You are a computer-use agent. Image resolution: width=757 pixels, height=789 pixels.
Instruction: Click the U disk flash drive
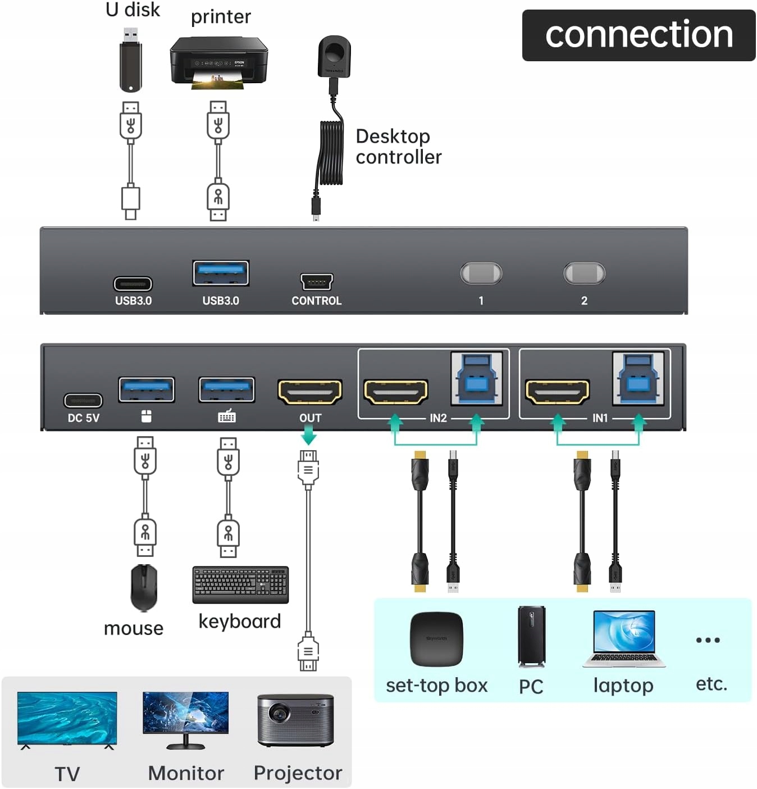131,62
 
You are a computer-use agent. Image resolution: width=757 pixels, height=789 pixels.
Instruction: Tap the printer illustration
218,62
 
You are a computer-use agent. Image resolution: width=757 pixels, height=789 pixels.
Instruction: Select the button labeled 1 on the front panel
481,274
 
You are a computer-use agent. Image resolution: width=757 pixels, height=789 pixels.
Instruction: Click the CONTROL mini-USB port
317,281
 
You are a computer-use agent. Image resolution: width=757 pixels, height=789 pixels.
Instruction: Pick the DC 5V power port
83,400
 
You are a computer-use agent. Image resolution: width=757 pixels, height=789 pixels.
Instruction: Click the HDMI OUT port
310,392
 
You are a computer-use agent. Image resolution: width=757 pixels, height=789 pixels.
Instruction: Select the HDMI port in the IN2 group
396,392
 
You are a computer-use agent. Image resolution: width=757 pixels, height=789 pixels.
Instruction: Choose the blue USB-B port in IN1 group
638,378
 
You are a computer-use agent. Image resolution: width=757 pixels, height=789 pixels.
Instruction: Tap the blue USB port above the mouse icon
147,389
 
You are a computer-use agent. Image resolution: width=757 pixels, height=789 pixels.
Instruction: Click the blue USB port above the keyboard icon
227,389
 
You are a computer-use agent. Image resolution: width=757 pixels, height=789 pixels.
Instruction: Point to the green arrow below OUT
309,436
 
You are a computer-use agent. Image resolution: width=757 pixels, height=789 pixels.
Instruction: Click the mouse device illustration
144,587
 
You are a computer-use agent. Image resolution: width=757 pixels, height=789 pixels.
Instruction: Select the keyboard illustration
240,584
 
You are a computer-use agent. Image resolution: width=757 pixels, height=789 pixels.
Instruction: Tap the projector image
295,720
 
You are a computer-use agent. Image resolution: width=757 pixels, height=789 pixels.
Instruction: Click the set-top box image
437,639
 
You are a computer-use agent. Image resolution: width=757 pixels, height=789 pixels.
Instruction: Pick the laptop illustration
624,638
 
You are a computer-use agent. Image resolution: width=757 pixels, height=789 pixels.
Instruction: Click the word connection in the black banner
639,35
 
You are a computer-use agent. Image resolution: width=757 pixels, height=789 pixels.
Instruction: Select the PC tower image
531,636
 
